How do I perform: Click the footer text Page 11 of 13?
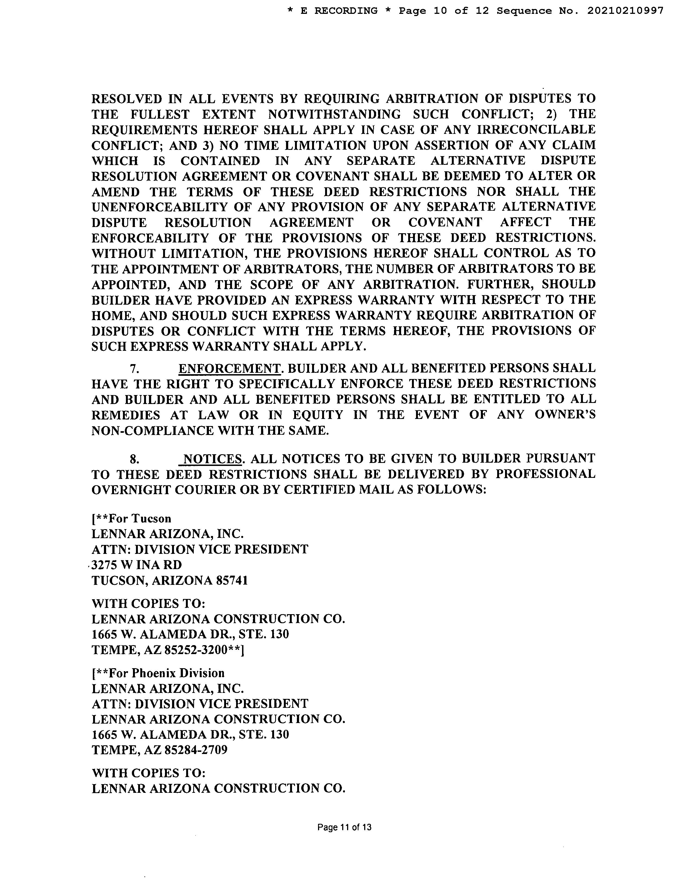pyautogui.click(x=344, y=827)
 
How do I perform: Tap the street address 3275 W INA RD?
pyautogui.click(x=137, y=565)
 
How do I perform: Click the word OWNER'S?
pyautogui.click(x=565, y=415)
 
